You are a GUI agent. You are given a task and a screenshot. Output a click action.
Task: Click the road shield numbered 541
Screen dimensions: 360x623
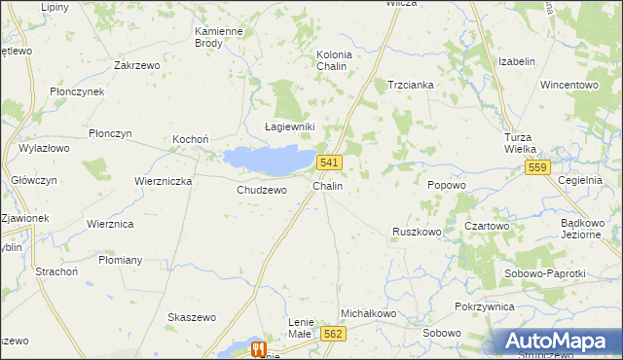point(329,162)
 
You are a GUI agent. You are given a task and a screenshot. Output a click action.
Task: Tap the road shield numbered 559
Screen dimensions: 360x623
point(538,167)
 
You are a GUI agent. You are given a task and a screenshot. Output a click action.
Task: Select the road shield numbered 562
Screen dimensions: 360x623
point(333,333)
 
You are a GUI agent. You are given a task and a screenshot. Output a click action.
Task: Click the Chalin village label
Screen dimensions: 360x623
point(327,185)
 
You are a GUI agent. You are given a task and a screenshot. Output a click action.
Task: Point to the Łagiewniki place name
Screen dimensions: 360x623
point(290,126)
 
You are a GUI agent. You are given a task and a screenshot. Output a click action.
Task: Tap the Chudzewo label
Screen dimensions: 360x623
point(262,190)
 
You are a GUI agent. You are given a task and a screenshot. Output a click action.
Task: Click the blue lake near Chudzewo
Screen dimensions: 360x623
point(267,159)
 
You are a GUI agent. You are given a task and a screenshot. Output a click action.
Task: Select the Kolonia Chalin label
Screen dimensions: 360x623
point(334,60)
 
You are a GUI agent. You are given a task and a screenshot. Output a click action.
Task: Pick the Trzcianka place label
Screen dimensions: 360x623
point(410,85)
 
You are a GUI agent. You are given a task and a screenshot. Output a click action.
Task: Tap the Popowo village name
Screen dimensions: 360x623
point(447,184)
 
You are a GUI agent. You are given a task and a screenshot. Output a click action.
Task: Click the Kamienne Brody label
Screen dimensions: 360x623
point(219,37)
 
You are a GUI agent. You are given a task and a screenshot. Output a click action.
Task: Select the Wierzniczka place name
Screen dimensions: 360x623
point(164,181)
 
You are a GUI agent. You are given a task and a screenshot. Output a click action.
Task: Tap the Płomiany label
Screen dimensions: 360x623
point(121,260)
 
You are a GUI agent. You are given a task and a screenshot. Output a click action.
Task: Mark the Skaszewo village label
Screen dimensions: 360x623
point(192,317)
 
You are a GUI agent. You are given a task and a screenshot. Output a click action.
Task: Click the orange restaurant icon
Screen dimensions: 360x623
point(258,348)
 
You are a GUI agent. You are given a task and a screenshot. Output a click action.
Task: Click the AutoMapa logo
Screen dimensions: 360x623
point(559,342)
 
